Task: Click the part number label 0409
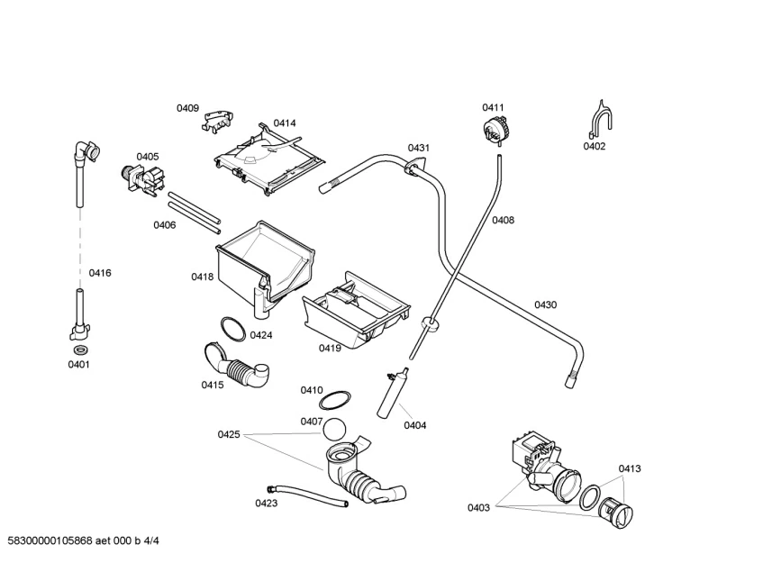(x=187, y=108)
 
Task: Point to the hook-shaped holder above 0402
(x=602, y=119)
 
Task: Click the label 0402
(x=594, y=146)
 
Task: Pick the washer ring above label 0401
(x=78, y=349)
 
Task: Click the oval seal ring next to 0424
(x=232, y=329)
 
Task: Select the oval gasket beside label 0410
(x=336, y=398)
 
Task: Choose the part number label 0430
(x=545, y=304)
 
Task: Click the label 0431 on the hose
(x=418, y=148)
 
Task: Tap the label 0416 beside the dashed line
(x=99, y=273)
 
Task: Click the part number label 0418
(x=202, y=277)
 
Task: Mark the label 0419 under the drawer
(x=330, y=348)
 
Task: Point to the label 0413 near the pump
(x=630, y=468)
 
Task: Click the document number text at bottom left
(x=88, y=540)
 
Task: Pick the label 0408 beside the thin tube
(x=503, y=220)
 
